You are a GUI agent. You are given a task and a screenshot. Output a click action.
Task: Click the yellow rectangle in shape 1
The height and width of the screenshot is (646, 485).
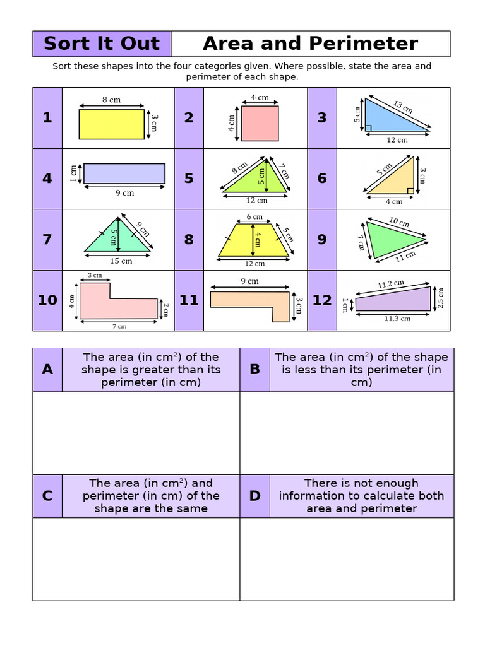111,124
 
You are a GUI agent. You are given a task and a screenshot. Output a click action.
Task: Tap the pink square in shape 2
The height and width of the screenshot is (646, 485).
260,123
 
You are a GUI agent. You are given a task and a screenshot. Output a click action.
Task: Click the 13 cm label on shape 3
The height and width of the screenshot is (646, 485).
402,107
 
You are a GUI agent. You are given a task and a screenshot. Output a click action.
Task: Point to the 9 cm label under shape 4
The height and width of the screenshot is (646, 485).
124,193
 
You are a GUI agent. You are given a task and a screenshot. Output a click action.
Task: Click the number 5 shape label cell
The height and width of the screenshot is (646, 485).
189,179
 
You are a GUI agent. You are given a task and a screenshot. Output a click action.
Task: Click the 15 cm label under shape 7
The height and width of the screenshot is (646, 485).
121,261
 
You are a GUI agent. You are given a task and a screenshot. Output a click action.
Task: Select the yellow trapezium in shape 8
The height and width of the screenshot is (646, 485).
254,241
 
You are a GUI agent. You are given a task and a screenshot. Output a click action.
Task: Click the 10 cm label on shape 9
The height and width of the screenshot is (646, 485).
398,223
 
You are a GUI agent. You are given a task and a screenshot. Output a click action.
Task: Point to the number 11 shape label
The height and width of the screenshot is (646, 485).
189,300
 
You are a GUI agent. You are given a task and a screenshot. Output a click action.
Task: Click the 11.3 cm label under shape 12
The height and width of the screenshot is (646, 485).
397,319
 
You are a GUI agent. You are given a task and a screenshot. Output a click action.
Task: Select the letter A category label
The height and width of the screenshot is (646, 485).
47,370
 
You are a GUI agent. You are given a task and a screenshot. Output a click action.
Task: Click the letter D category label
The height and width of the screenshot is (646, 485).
254,496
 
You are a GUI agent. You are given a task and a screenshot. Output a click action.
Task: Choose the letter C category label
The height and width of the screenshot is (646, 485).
47,496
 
